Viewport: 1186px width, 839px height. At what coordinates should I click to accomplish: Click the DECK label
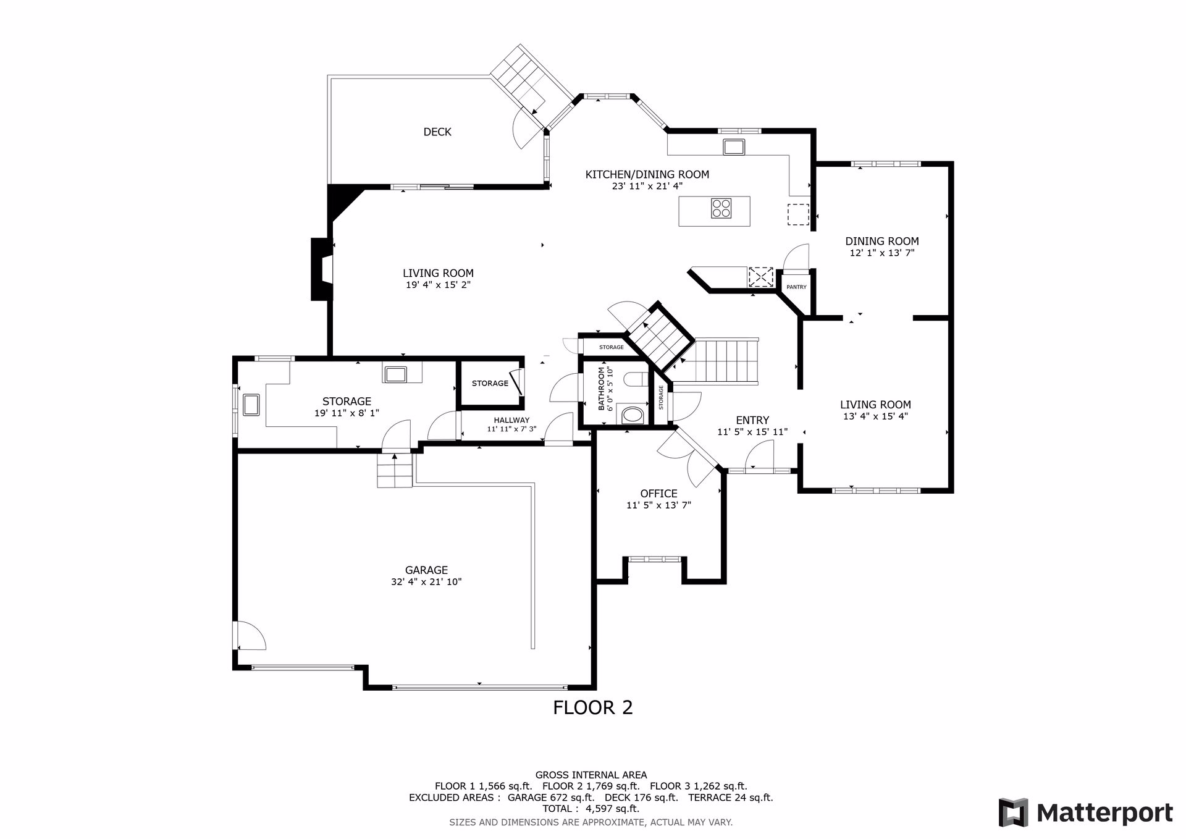click(437, 132)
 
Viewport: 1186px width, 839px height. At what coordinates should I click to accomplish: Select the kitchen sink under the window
click(734, 146)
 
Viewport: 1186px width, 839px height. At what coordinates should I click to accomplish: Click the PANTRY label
click(796, 287)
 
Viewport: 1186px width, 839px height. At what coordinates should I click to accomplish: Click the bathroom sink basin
click(632, 414)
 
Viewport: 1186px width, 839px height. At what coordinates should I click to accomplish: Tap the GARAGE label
click(426, 570)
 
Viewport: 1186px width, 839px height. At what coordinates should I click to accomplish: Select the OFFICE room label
click(658, 494)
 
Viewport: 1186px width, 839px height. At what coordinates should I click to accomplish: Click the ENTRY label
click(752, 420)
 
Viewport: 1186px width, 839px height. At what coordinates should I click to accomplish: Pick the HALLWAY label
click(511, 420)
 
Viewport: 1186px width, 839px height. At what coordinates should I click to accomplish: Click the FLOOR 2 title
click(593, 707)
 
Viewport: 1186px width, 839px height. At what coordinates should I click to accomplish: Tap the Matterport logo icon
click(1013, 812)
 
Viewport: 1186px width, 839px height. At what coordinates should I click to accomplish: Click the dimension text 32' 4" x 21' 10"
click(426, 582)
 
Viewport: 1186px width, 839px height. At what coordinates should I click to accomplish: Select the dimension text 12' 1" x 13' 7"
click(881, 253)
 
